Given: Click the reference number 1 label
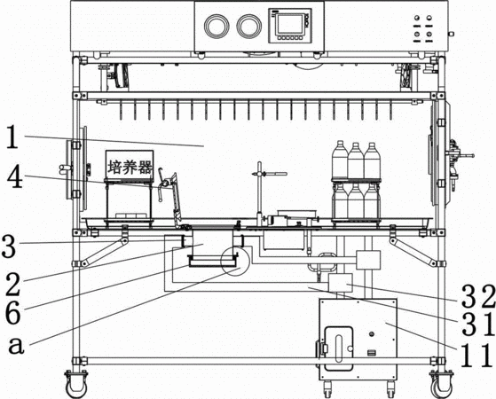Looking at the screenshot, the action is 12,137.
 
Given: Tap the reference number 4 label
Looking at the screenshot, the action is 15,176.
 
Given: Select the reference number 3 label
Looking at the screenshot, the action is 8,246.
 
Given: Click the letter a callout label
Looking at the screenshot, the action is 16,345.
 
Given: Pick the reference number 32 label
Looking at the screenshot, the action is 477,296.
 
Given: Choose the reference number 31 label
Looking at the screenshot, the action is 477,324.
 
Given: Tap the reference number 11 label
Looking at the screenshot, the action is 476,356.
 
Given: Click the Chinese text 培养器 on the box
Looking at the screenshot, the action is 130,167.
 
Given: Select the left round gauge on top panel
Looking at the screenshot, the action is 217,26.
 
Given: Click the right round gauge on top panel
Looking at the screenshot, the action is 249,26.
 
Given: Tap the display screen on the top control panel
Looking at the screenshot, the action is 289,25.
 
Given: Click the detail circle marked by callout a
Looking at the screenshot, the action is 235,261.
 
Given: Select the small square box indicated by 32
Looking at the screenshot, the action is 341,283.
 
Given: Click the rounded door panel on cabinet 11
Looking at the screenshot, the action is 339,348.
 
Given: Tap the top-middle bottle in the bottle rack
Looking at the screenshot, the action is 356,160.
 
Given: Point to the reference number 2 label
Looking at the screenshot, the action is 12,286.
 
